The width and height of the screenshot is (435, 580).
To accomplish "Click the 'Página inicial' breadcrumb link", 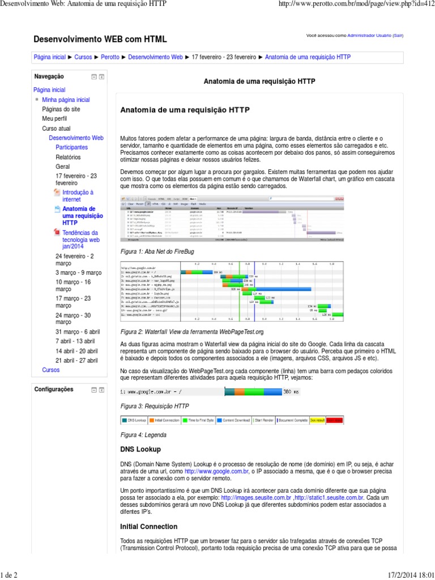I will point(50,57).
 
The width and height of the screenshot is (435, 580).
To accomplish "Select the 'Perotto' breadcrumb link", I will point(110,57).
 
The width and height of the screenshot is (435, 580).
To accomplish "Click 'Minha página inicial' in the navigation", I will point(66,100).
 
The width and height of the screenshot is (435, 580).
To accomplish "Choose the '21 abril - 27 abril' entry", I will point(76,360).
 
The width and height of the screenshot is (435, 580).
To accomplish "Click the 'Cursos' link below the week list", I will point(50,369).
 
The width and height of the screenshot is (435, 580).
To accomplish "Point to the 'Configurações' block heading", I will point(54,390).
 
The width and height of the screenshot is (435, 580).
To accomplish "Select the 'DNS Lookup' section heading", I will point(140,449).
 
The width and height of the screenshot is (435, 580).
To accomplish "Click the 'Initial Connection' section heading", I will point(148,526).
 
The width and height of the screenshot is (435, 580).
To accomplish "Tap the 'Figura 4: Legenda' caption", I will point(143,434).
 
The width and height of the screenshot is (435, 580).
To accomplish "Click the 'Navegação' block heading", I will point(49,76).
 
